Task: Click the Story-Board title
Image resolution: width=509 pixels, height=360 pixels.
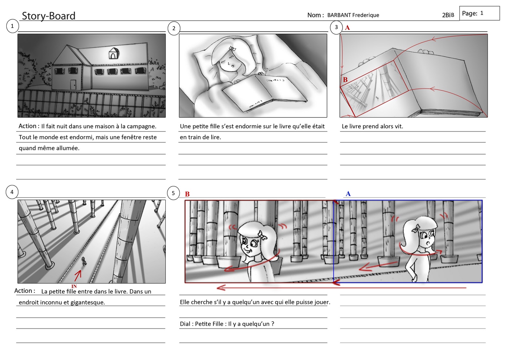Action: click(48, 16)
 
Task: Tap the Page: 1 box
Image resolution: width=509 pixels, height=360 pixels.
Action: click(479, 13)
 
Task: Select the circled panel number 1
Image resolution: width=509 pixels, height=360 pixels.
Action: click(12, 26)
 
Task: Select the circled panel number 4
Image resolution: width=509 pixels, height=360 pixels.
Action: click(12, 192)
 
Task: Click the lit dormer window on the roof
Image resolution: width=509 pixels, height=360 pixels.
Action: click(113, 53)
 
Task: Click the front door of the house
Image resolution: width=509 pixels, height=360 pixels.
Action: click(73, 84)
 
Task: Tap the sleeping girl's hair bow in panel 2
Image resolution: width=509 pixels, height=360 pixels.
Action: click(232, 48)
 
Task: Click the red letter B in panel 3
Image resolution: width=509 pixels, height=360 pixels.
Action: click(345, 80)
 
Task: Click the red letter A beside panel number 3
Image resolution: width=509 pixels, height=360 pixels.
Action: click(347, 28)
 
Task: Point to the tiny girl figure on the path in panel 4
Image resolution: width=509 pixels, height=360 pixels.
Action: click(84, 261)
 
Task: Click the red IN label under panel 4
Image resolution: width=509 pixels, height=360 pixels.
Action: click(74, 286)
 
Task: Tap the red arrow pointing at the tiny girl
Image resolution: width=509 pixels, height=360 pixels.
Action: click(78, 276)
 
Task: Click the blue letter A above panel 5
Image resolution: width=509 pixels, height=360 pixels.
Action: click(348, 194)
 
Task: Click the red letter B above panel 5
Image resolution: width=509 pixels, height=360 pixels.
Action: click(187, 194)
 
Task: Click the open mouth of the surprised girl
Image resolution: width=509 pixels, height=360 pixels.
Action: click(428, 243)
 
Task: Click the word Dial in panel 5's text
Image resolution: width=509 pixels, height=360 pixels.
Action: click(185, 324)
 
